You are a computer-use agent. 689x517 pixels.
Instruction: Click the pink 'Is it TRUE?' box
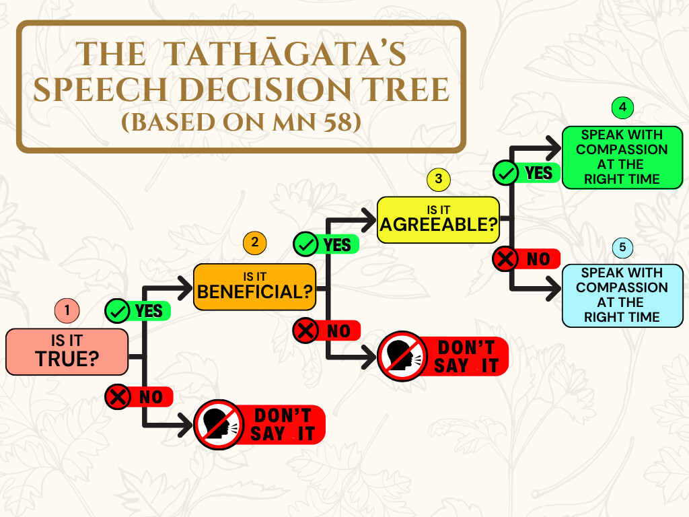[67, 351]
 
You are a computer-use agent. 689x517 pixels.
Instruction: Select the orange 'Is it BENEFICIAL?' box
[255, 287]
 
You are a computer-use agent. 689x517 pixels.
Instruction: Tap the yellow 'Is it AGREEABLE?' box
[439, 220]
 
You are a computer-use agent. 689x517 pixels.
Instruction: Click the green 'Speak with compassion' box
[622, 158]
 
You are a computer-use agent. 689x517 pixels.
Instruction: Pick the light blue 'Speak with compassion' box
[622, 296]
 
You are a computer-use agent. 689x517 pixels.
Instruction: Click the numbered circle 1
[67, 310]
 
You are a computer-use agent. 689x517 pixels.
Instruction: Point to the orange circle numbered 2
[255, 242]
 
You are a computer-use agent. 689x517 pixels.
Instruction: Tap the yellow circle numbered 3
[439, 179]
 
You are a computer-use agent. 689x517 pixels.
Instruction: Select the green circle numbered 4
[622, 107]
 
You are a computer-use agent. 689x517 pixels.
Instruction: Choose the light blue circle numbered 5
[622, 247]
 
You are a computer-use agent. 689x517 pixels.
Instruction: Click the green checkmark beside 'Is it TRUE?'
[117, 311]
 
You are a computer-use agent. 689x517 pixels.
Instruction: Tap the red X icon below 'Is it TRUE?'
[118, 397]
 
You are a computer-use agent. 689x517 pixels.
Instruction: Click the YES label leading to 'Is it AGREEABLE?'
[337, 245]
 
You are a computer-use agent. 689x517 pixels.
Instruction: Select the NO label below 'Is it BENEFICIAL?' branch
[339, 331]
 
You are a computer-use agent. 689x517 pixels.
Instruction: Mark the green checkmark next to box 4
[505, 173]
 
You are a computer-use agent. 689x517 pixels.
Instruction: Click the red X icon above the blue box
[505, 259]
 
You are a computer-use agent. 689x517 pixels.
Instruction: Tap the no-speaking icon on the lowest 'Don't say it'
[219, 425]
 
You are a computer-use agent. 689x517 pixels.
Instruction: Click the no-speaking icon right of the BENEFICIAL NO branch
[402, 356]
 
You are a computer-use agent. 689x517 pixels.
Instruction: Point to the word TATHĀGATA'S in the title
[285, 54]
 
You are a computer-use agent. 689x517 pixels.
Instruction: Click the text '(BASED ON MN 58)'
[242, 123]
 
